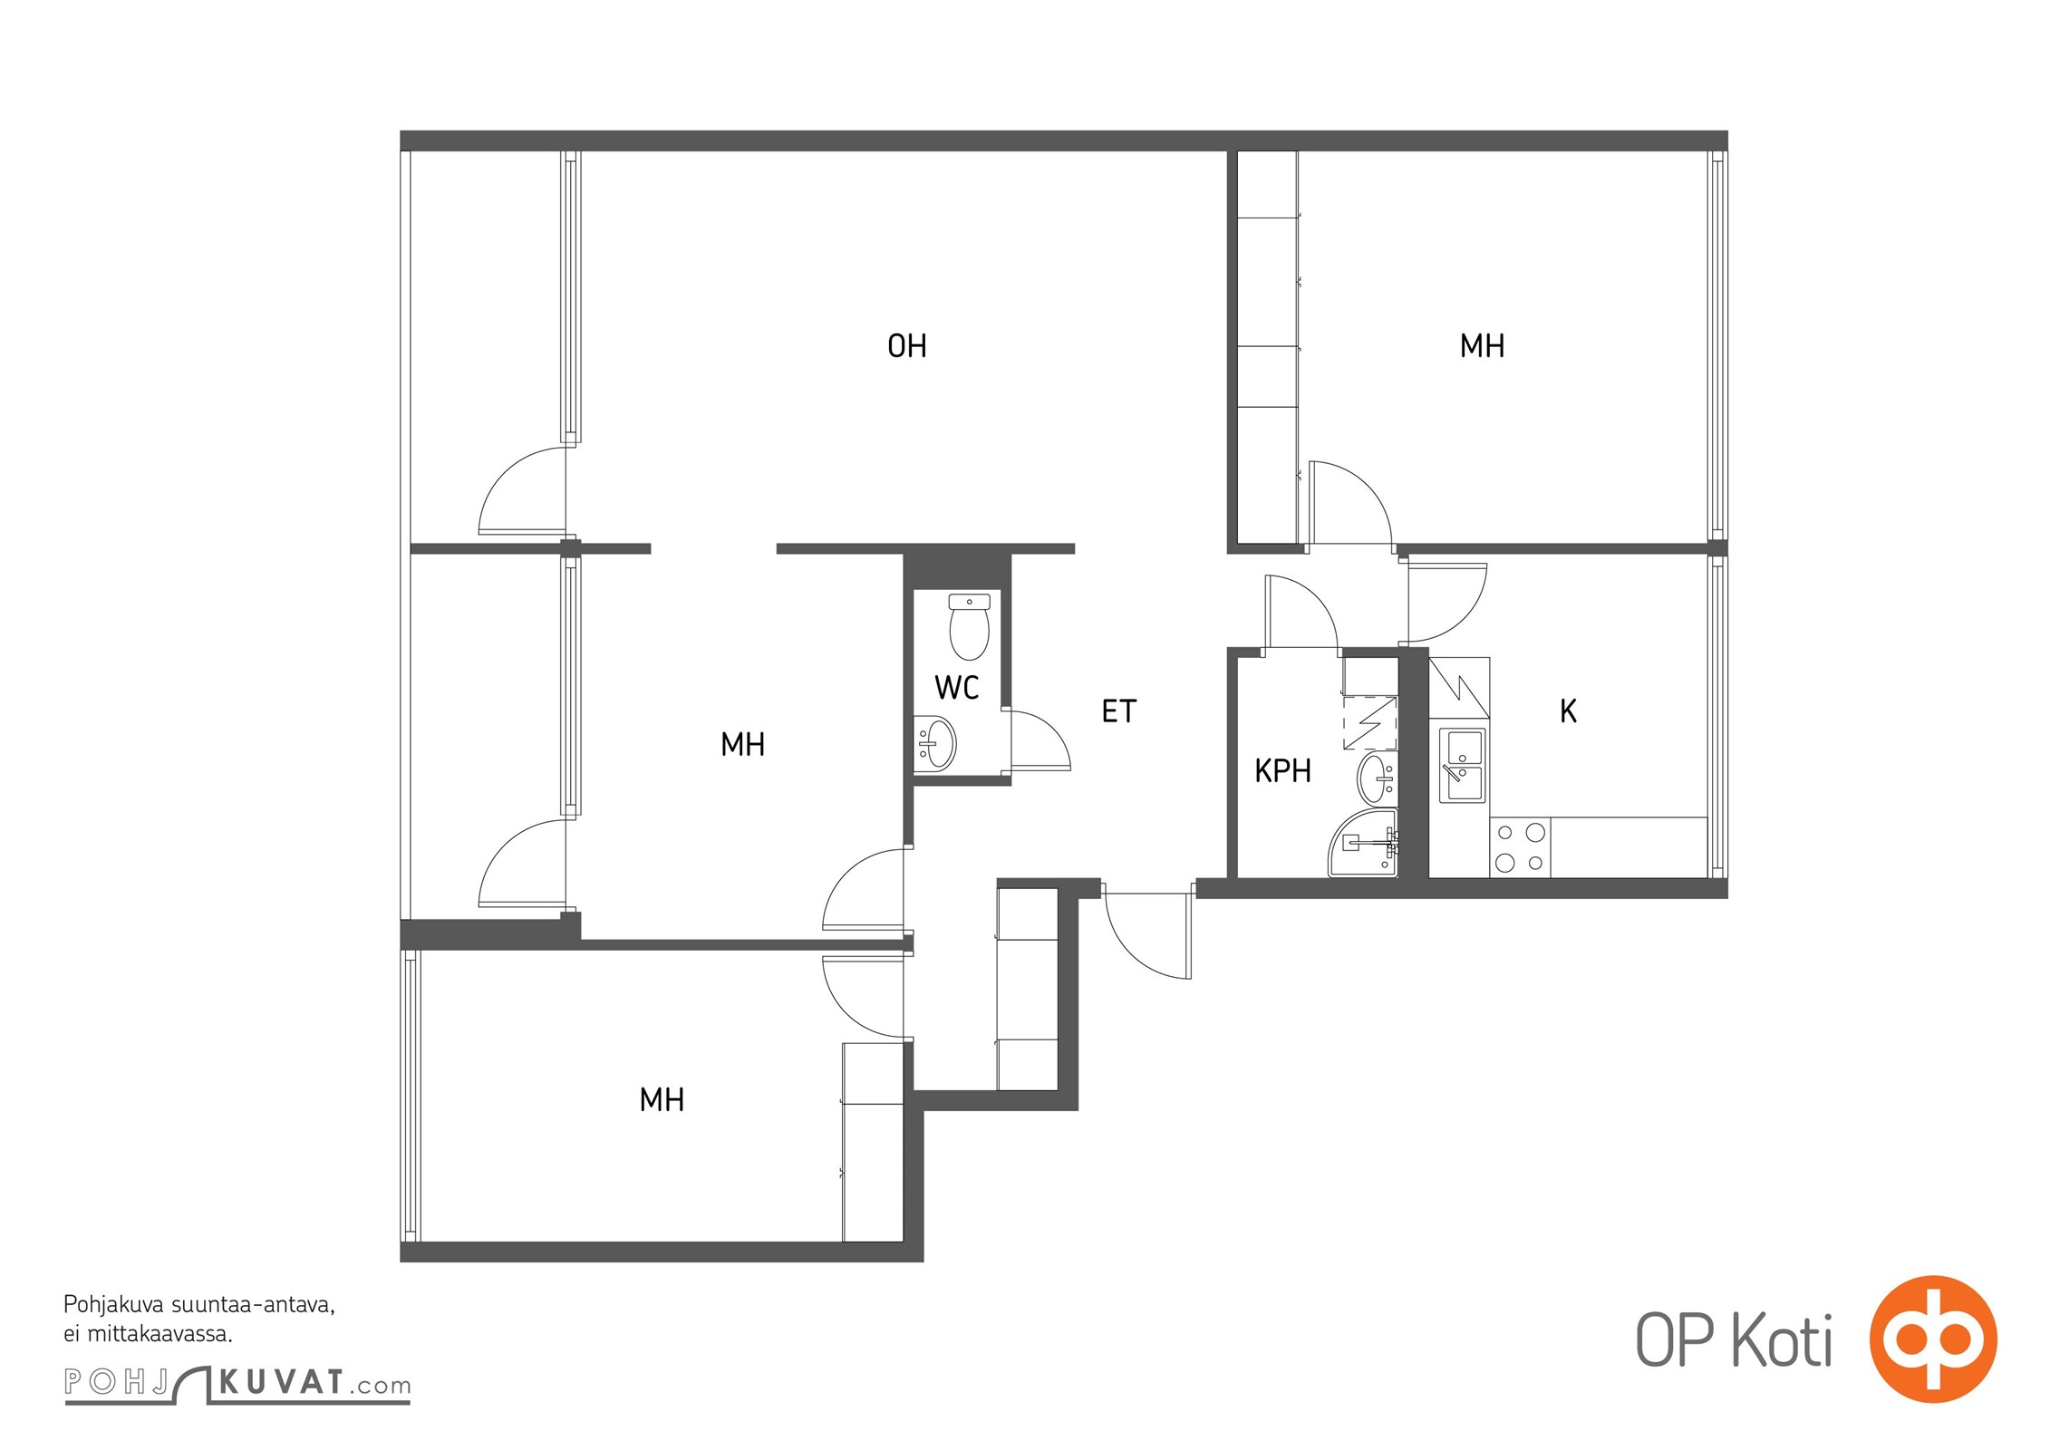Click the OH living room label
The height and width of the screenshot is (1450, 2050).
906,346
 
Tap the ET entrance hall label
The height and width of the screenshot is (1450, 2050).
1118,711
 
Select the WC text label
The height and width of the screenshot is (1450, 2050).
957,688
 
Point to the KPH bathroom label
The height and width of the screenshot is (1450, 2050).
1282,771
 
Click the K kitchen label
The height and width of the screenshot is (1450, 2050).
1568,711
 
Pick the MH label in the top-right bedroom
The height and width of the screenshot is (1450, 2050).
1482,346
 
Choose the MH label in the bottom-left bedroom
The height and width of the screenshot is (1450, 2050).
662,1100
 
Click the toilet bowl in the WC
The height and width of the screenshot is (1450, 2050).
969,626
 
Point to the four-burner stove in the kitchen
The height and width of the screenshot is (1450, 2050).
1520,847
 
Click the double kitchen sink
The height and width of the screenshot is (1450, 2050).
1463,766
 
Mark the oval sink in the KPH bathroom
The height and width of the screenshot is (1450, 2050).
1378,779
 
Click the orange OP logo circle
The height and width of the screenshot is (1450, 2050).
1933,1339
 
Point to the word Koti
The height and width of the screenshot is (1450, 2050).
1782,1340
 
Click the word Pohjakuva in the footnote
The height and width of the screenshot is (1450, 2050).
114,1306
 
